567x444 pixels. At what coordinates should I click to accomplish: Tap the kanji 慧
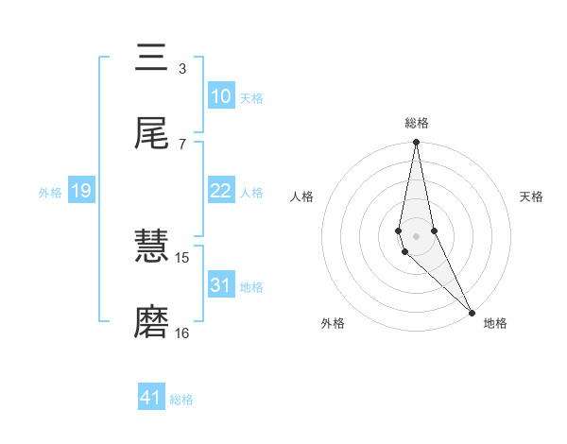(151, 248)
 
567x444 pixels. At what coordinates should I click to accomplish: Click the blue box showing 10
(220, 96)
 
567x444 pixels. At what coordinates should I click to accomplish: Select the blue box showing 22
(220, 191)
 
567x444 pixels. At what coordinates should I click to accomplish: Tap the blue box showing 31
(220, 285)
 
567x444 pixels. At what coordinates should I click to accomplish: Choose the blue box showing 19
(80, 191)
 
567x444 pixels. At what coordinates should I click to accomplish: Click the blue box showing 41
(151, 398)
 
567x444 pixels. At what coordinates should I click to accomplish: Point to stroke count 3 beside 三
(181, 68)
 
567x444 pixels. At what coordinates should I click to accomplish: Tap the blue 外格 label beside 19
(50, 192)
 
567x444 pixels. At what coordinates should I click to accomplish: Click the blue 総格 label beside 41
(181, 399)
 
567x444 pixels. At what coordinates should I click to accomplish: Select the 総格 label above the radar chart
(417, 123)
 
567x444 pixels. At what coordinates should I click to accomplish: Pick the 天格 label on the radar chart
(532, 196)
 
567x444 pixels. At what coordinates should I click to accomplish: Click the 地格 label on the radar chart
(495, 323)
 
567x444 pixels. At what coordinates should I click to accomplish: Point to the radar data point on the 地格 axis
(472, 311)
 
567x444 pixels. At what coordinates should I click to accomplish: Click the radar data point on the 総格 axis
(416, 143)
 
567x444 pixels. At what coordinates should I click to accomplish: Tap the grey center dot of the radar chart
(416, 235)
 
